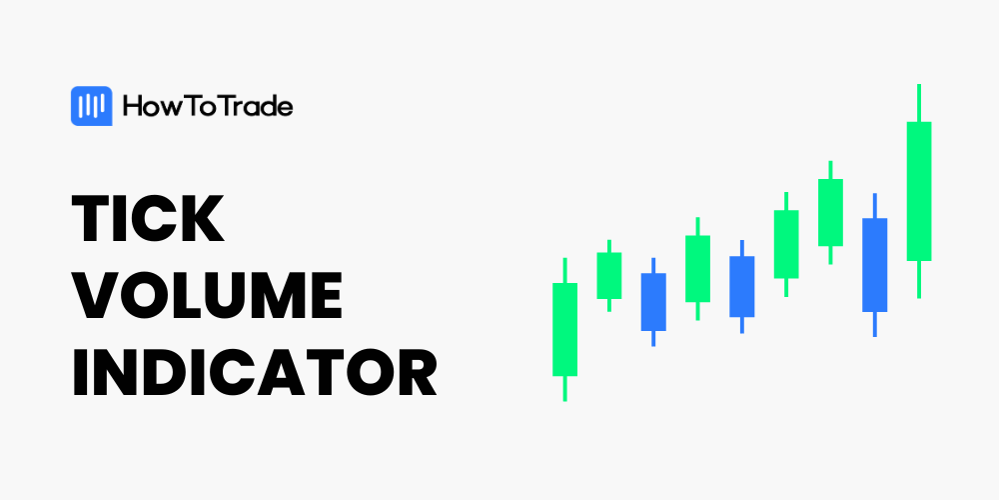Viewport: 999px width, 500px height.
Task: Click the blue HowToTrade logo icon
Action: (91, 106)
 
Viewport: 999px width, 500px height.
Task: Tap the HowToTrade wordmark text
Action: (208, 106)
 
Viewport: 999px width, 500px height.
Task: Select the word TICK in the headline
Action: (148, 217)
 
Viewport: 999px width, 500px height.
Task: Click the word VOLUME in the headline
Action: (207, 295)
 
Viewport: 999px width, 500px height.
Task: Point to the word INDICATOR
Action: (254, 372)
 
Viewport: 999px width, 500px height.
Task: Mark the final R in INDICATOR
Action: (416, 372)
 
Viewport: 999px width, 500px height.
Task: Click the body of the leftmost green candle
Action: (565, 329)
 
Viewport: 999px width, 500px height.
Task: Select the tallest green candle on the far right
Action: (919, 191)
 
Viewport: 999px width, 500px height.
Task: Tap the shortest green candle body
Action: (609, 276)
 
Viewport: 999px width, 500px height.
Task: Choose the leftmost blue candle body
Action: (653, 302)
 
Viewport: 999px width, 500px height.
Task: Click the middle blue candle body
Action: (741, 286)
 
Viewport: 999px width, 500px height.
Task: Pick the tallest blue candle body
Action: (875, 265)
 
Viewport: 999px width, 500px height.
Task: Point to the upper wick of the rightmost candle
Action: (919, 103)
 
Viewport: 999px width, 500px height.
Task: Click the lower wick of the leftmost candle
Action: (565, 388)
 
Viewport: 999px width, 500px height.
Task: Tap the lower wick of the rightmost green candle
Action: (919, 279)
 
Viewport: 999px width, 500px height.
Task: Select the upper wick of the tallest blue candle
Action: (875, 206)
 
